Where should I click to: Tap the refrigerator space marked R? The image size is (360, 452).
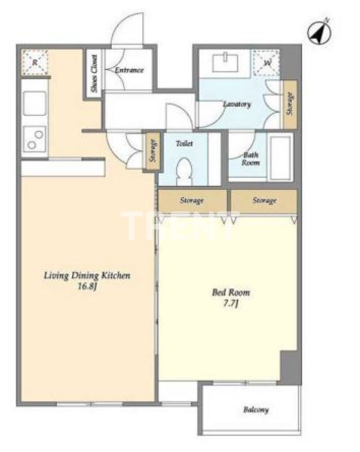pos(35,63)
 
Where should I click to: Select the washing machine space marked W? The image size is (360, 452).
pos(266,63)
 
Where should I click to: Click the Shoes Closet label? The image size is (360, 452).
pos(94,74)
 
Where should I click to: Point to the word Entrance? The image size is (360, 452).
pos(129,70)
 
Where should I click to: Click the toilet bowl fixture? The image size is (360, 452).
pos(184,173)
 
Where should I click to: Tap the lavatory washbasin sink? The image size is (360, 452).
pos(225,63)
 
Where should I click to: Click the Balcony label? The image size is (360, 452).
pos(256,410)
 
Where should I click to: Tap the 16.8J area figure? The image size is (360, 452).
pos(87,287)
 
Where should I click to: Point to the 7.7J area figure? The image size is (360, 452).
pos(231,304)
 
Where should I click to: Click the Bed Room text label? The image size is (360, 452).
pos(231,293)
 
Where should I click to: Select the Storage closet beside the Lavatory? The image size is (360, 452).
pos(290,104)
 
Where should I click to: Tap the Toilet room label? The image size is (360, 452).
pos(184,143)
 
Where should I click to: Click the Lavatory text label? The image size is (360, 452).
pos(237,104)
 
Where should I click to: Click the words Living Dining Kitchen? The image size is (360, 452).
pos(87,275)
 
